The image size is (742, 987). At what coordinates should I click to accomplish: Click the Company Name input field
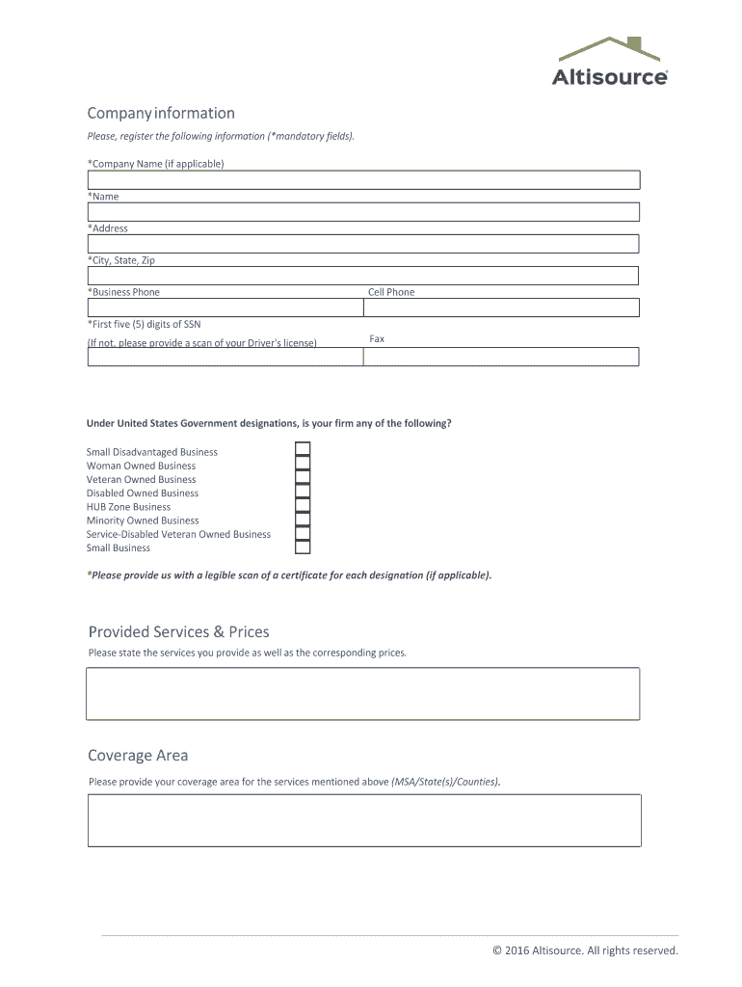tap(363, 180)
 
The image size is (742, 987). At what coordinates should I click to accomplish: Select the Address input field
tap(363, 244)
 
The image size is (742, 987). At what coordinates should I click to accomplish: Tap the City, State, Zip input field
tap(363, 276)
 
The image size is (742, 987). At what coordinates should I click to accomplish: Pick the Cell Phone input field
tap(501, 307)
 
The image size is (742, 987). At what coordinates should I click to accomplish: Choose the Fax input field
tap(501, 357)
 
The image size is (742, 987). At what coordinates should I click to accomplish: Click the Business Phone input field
tap(225, 307)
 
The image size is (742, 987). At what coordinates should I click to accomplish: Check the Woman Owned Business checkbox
tap(303, 464)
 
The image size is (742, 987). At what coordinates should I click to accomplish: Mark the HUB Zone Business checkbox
tap(303, 505)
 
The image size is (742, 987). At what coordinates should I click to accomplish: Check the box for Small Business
tap(303, 547)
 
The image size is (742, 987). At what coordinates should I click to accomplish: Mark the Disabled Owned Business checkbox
tap(303, 492)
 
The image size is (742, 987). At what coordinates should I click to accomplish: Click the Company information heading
tap(161, 113)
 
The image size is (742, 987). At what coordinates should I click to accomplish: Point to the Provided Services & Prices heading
tap(178, 632)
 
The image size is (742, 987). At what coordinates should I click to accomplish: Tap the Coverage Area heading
tap(138, 756)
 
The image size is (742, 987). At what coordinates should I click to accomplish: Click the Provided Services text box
tap(363, 693)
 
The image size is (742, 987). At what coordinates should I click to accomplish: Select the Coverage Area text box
tap(363, 820)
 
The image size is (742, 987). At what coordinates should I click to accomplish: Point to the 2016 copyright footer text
tap(585, 950)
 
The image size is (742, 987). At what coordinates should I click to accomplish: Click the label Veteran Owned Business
tap(141, 479)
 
